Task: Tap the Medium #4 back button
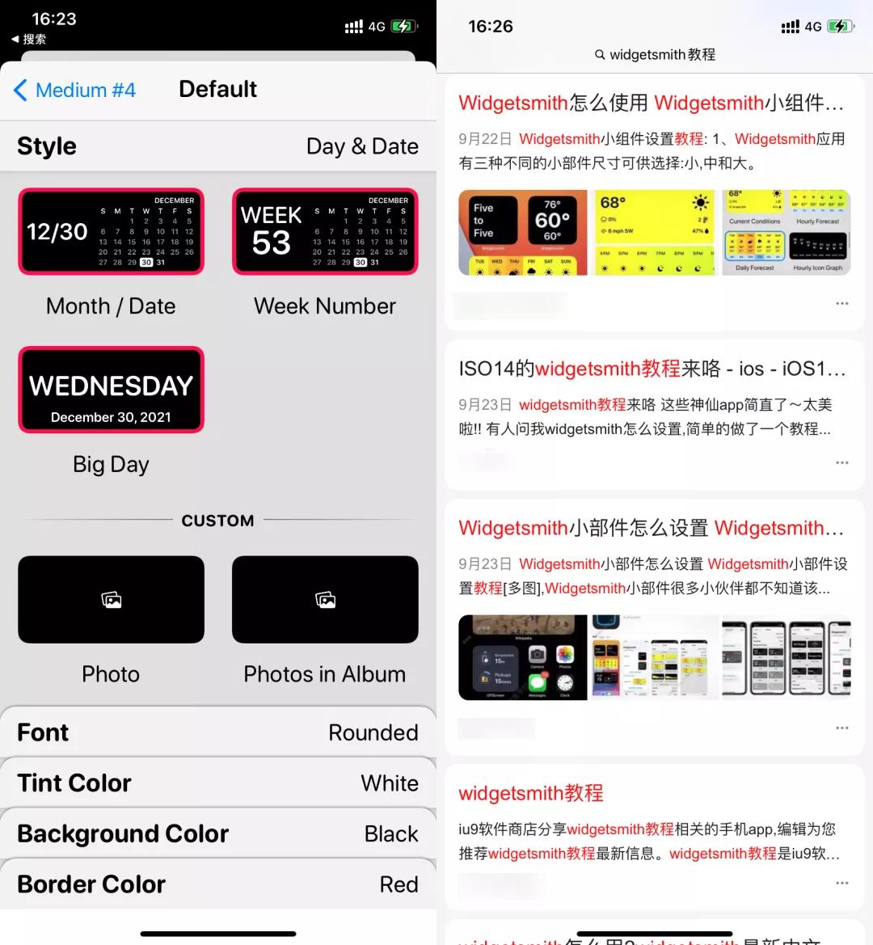74,90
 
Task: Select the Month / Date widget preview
111,232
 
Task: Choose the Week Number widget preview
325,232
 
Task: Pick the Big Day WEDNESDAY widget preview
111,390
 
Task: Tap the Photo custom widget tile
111,600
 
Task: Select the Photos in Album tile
325,600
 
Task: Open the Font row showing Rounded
218,732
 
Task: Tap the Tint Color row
218,783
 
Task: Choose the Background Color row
218,833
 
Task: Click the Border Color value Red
399,884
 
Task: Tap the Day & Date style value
362,146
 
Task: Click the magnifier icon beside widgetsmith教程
600,55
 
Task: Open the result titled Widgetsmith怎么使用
651,103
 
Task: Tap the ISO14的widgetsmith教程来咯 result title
651,369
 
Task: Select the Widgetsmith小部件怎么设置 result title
651,528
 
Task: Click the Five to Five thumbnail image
522,233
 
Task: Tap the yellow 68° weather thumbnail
654,233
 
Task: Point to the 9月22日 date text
485,139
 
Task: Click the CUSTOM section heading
217,521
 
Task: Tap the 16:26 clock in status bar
491,27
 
